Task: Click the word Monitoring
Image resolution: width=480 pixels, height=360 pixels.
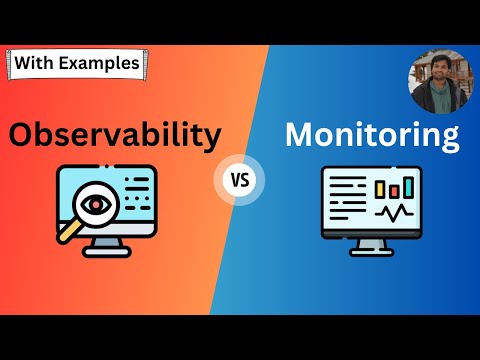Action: (x=372, y=135)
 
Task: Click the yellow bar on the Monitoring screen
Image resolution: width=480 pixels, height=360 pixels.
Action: (x=379, y=187)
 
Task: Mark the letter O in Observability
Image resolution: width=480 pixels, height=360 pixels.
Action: (x=24, y=134)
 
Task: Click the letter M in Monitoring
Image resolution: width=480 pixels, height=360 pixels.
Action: (x=299, y=134)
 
